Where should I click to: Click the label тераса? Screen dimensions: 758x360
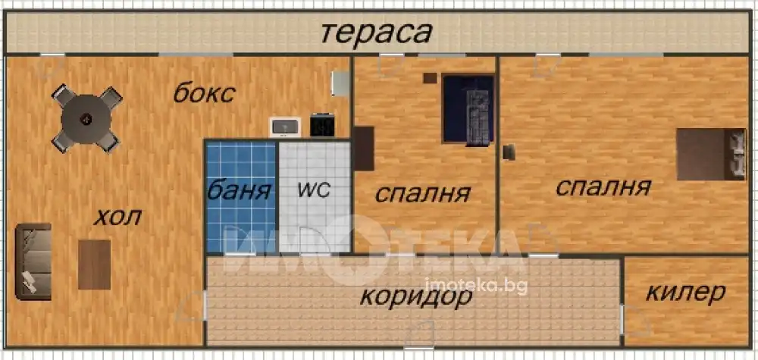[376, 33]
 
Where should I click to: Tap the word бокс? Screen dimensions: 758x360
[204, 93]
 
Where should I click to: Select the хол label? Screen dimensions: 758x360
[117, 217]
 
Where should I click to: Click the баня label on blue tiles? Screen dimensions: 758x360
[239, 190]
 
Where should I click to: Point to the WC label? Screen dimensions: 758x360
[314, 190]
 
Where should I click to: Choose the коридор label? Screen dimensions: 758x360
[416, 296]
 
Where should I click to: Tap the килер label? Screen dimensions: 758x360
[685, 292]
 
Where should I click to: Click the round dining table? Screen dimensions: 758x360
[86, 118]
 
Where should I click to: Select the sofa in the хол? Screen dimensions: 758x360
[33, 261]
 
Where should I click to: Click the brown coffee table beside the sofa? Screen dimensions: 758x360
[94, 265]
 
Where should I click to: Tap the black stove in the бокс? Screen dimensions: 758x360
[322, 124]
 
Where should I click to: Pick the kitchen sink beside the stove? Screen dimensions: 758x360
[285, 127]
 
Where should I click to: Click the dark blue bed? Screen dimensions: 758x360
[468, 109]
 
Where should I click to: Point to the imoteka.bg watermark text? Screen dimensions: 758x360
[475, 286]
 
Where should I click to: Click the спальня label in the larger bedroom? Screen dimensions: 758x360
[603, 187]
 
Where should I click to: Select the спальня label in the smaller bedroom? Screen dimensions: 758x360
[423, 194]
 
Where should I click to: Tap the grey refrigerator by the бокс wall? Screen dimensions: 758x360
[341, 83]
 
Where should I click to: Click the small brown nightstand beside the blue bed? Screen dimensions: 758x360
[429, 77]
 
